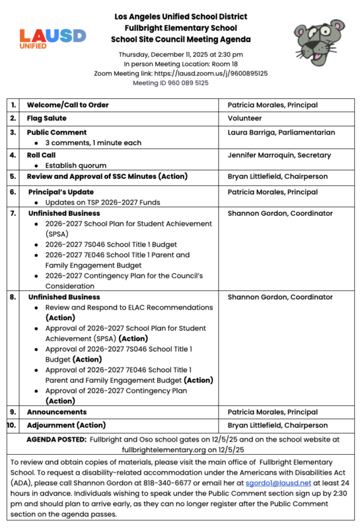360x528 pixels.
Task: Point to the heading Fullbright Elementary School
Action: [x=180, y=28]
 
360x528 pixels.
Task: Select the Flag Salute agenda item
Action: [x=47, y=119]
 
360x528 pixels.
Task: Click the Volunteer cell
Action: [x=244, y=119]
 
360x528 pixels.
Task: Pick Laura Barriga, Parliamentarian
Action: [x=281, y=133]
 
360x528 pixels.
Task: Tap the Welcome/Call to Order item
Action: [x=68, y=105]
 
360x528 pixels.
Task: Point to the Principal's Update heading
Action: [x=61, y=192]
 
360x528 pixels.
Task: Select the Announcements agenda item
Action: [x=57, y=412]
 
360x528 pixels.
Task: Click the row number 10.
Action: [x=12, y=425]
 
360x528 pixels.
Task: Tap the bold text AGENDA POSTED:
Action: [x=56, y=438]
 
